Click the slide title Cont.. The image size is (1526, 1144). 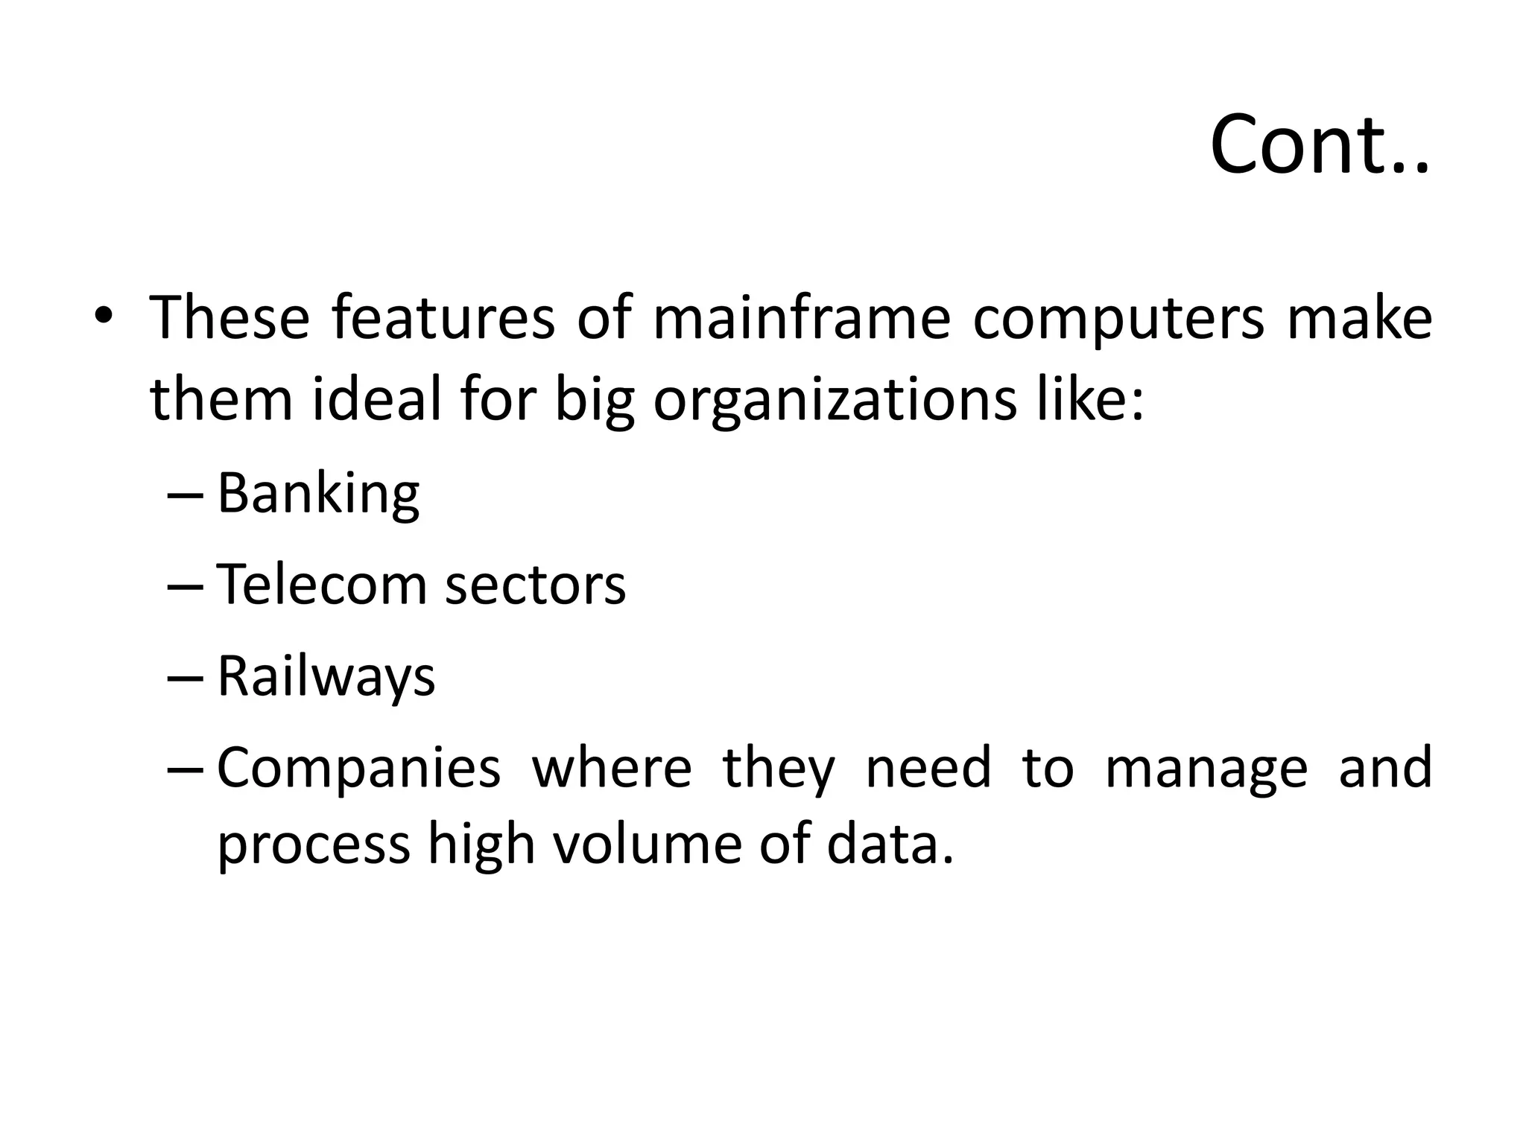1319,145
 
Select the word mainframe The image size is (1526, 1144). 801,318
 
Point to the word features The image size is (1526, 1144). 443,318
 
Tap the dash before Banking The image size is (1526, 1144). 186,495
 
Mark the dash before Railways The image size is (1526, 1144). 186,678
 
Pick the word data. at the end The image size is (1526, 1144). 890,845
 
